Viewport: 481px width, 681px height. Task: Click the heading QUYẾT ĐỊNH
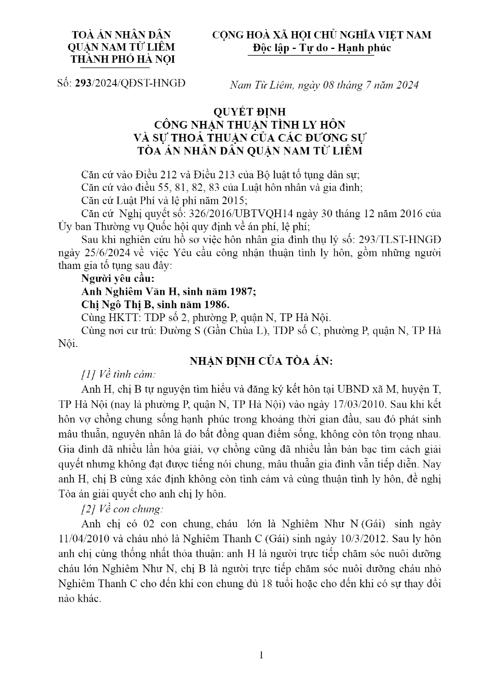pos(249,112)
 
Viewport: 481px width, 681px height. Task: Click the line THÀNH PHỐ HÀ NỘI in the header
pos(123,59)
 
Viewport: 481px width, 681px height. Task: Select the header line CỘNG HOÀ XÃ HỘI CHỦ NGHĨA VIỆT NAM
pos(322,35)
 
